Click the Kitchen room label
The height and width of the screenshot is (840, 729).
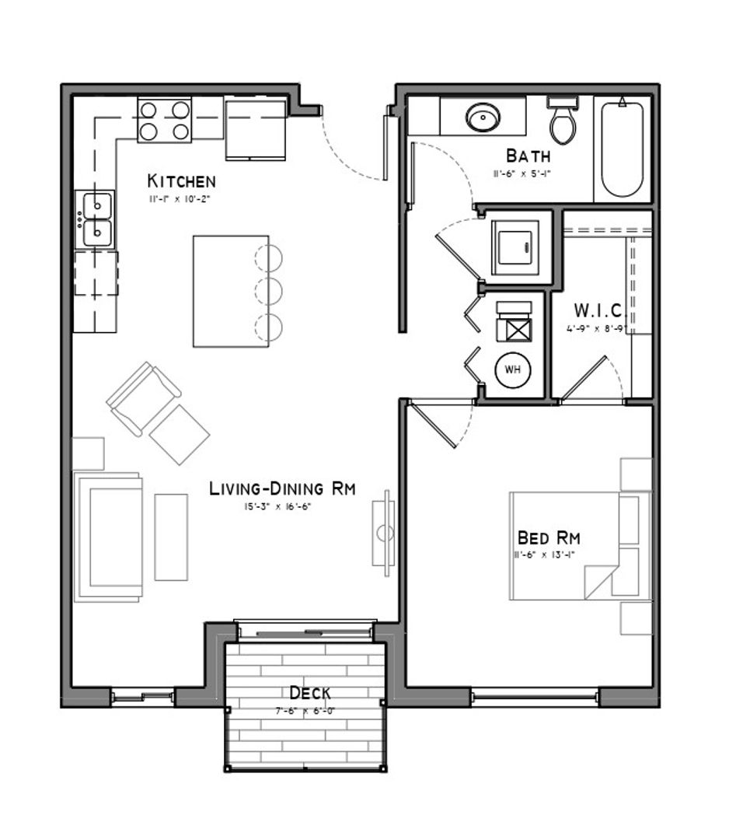click(181, 181)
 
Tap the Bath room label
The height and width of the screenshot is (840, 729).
click(528, 156)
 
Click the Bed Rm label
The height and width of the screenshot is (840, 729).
click(549, 537)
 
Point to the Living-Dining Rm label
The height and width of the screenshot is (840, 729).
click(282, 488)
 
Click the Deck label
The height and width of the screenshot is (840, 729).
click(310, 692)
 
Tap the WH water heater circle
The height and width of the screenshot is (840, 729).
click(513, 369)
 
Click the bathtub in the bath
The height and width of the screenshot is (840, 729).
click(623, 149)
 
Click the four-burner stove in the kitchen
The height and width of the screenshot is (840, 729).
click(164, 121)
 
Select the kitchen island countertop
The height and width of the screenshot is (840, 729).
click(230, 291)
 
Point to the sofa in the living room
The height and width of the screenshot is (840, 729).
click(109, 537)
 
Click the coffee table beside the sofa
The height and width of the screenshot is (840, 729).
click(171, 537)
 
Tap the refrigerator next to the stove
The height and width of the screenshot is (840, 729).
click(256, 128)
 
